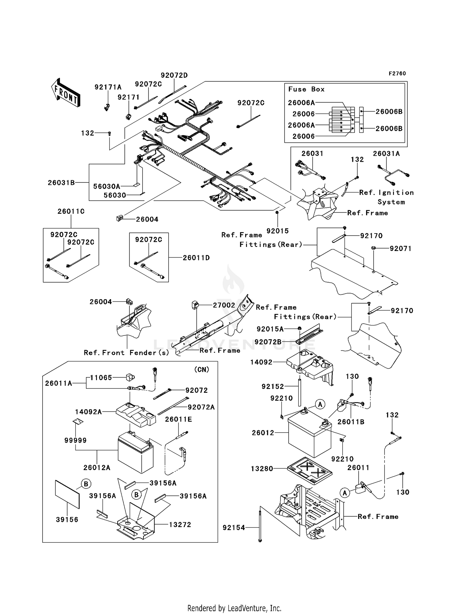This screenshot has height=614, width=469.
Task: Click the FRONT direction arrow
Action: [66, 93]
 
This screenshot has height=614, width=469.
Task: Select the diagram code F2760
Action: [397, 74]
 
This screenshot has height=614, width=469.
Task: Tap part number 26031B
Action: [61, 183]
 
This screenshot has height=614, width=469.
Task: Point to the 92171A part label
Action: [108, 87]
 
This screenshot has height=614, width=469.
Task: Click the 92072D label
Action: [174, 75]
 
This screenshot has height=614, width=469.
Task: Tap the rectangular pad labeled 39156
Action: [67, 494]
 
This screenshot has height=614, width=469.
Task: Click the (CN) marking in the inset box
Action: [201, 370]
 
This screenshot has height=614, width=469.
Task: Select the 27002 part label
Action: [224, 305]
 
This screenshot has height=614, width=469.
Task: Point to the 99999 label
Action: [75, 440]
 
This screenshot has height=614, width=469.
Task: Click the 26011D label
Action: [196, 258]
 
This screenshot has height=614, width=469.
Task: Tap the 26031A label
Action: [386, 154]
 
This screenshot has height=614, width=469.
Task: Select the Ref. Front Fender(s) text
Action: [126, 353]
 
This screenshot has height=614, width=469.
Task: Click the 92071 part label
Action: [400, 249]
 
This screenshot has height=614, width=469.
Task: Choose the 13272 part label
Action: [180, 524]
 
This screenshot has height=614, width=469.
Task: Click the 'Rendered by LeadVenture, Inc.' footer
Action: [234, 608]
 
